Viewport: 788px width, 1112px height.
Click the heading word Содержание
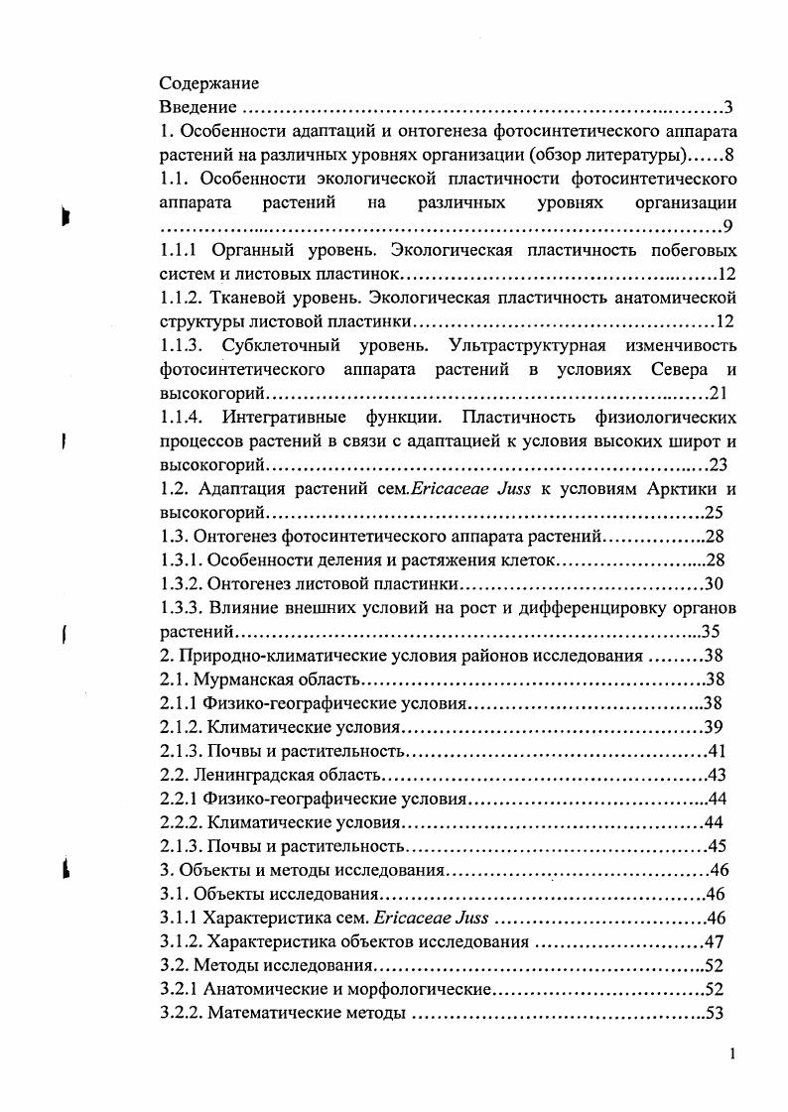click(209, 83)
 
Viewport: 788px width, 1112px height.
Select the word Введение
click(198, 107)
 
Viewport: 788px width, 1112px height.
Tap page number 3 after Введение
click(727, 107)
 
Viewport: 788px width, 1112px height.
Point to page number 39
click(715, 726)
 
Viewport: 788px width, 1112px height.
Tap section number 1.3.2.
click(182, 583)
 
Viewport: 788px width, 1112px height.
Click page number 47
click(714, 941)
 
